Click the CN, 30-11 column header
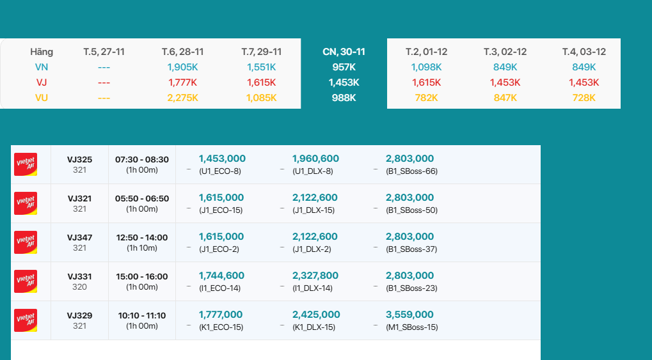[344, 52]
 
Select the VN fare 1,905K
[182, 67]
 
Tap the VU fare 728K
[584, 98]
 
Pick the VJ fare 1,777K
[182, 82]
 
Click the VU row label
[42, 98]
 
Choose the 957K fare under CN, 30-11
[344, 67]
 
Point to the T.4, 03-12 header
[584, 52]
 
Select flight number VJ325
[80, 159]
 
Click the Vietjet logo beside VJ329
[26, 320]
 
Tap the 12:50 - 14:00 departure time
[142, 237]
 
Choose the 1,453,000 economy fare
[222, 159]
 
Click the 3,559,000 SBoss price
[409, 315]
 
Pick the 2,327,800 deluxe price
[315, 276]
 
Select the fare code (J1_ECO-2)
[219, 249]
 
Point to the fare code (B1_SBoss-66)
[411, 171]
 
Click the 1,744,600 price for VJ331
[221, 276]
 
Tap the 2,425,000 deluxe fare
[316, 315]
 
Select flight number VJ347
[80, 237]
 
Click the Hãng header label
[42, 52]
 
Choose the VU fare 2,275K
[182, 98]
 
